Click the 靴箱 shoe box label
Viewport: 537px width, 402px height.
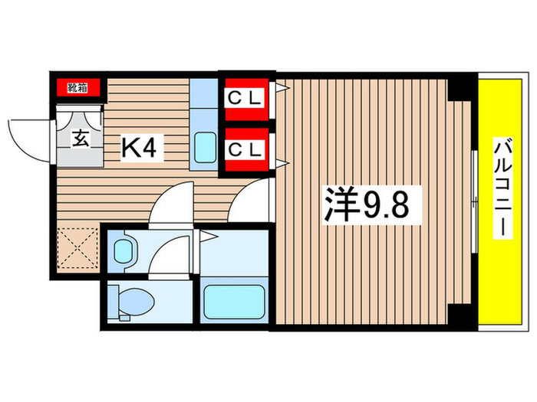coord(77,87)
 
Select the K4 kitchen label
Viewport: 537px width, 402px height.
coord(140,149)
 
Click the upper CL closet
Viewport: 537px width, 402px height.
coord(245,99)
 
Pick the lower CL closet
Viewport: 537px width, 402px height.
coord(245,149)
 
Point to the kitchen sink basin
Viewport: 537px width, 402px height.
coord(205,147)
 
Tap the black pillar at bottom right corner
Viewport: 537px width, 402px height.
coord(461,315)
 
